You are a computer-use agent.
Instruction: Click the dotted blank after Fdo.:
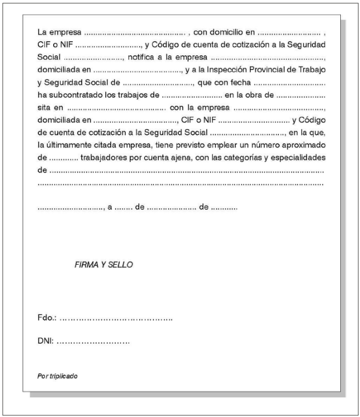116,318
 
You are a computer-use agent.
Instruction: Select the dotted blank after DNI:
93,342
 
